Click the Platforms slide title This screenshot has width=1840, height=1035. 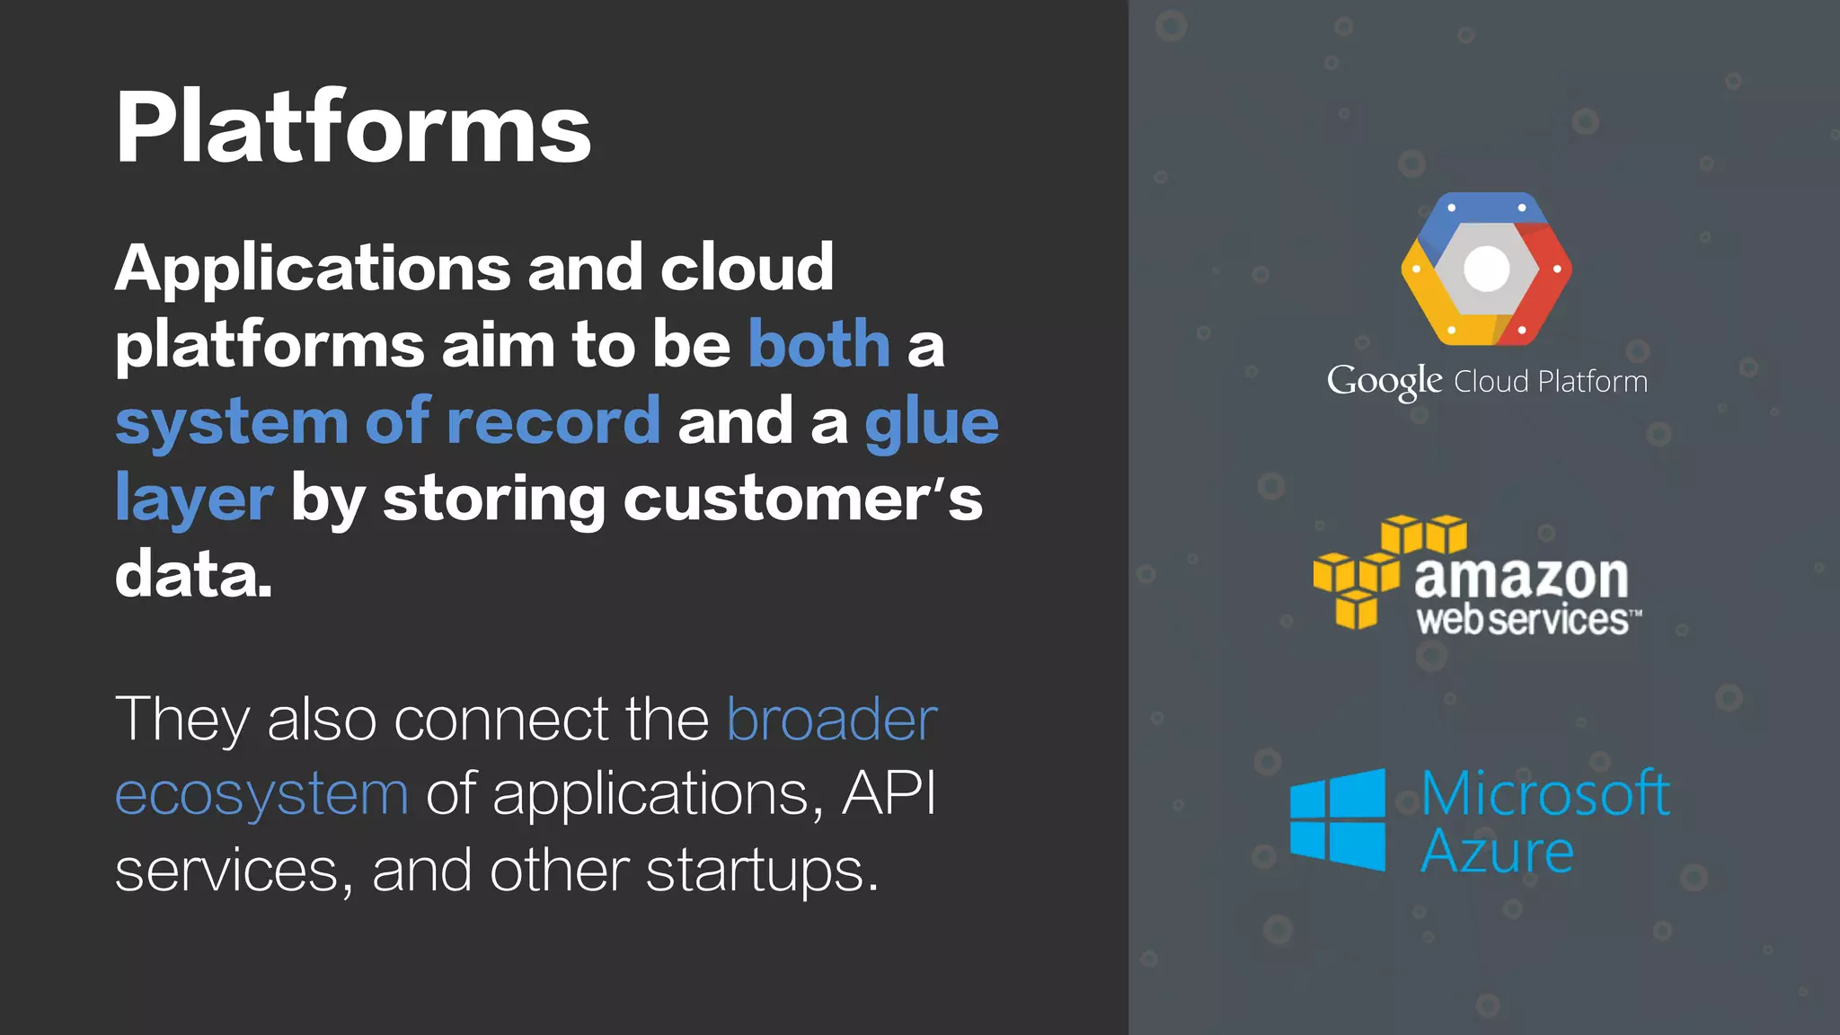tap(353, 128)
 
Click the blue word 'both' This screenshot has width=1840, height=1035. tap(818, 343)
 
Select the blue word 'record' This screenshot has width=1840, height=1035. tap(553, 420)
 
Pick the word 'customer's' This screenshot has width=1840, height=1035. tap(802, 498)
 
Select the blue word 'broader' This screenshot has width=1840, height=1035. tap(832, 719)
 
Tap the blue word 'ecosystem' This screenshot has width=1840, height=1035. tap(261, 795)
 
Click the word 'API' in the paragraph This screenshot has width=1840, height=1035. tap(889, 793)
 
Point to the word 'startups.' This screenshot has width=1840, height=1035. tap(761, 871)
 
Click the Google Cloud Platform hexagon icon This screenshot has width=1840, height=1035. tap(1486, 269)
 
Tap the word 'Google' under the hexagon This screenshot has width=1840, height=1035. tap(1384, 382)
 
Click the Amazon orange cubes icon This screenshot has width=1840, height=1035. tap(1389, 571)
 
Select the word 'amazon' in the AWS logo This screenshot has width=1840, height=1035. tap(1521, 577)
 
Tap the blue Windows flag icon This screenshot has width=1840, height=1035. tap(1338, 819)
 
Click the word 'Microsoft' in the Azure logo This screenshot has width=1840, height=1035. tap(1545, 793)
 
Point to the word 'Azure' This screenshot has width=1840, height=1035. tap(1497, 851)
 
